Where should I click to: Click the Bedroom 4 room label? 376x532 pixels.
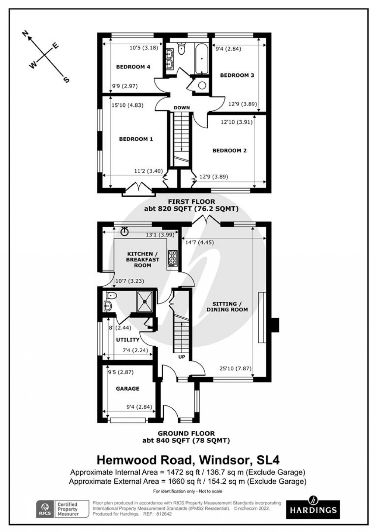click(x=133, y=67)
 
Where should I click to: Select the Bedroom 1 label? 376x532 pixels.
click(x=136, y=139)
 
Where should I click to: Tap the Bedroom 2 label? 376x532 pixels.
click(x=229, y=150)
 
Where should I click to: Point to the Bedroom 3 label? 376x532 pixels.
click(x=237, y=75)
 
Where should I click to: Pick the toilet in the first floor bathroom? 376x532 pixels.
click(x=181, y=48)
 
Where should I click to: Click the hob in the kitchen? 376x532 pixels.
click(x=173, y=258)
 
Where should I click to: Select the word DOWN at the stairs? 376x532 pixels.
click(x=182, y=108)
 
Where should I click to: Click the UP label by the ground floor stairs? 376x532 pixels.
click(x=182, y=357)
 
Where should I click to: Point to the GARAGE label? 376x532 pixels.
click(x=128, y=388)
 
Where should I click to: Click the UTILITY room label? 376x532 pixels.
click(x=128, y=340)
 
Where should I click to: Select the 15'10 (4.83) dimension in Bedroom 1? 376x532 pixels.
click(x=127, y=105)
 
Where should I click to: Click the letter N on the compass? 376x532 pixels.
click(x=25, y=34)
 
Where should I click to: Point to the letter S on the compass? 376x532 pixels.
click(x=67, y=79)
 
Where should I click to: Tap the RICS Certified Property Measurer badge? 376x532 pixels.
click(x=62, y=509)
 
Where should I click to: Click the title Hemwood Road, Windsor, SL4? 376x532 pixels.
click(x=188, y=460)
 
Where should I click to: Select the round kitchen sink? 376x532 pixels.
click(x=125, y=231)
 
